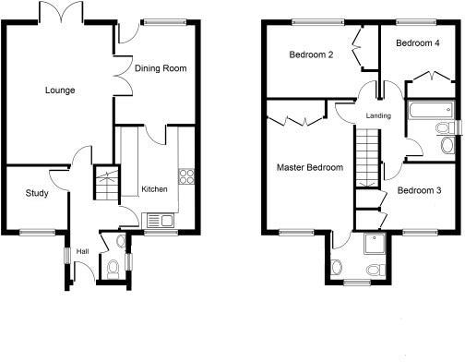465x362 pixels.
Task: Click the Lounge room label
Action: (60, 90)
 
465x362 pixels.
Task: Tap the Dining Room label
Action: (161, 68)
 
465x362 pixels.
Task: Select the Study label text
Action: (37, 194)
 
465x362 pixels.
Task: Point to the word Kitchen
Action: (154, 189)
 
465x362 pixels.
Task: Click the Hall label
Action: (82, 250)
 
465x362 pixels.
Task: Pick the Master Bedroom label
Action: (310, 168)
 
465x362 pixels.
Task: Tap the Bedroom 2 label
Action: (311, 54)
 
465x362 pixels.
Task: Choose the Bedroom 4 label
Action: (418, 43)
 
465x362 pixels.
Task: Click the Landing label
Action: (378, 115)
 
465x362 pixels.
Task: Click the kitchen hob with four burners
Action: (186, 175)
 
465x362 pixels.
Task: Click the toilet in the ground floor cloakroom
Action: (113, 269)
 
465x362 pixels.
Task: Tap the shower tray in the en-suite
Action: (376, 242)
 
